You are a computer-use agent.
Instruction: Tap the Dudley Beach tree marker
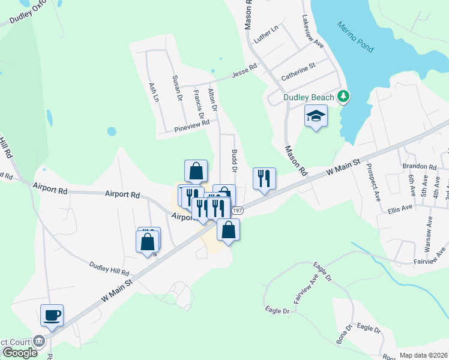343,96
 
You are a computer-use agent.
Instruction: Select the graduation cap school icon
316,116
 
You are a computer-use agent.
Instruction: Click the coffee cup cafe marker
52,315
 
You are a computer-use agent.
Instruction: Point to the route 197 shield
237,211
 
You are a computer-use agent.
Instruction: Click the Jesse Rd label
244,74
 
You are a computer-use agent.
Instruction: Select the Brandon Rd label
420,166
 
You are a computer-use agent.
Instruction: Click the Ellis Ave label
400,209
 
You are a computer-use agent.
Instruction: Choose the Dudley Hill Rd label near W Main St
110,268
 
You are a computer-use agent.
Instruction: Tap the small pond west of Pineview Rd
111,131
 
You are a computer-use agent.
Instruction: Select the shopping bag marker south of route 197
229,229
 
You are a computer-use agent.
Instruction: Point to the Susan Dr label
176,88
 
